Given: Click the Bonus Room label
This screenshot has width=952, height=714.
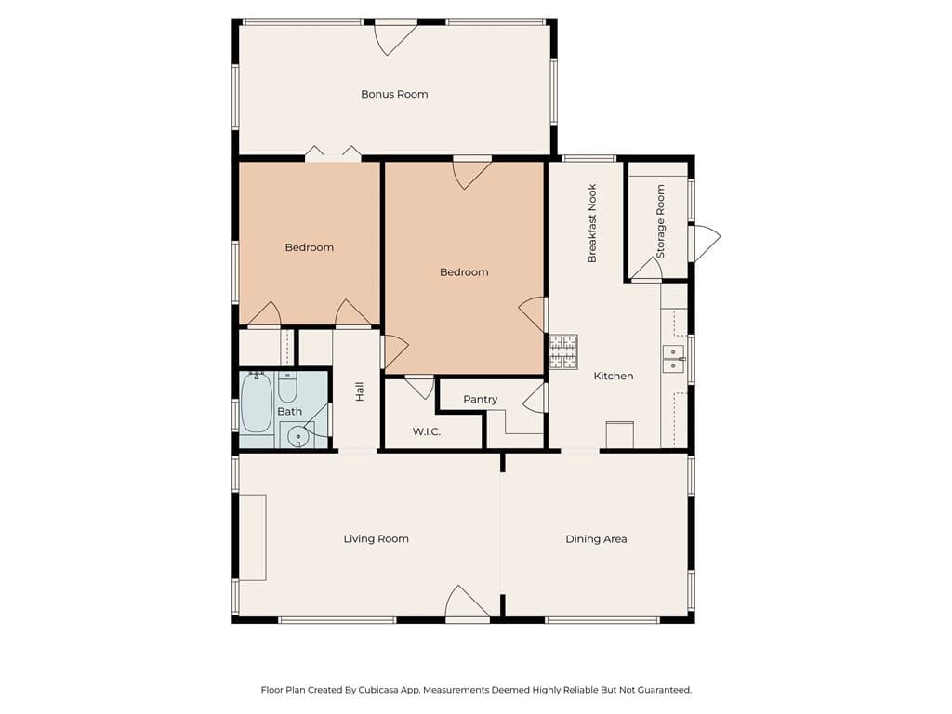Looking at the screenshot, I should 394,94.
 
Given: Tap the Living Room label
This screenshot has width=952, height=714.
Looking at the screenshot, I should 376,538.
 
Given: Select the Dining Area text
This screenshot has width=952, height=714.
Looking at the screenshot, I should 596,538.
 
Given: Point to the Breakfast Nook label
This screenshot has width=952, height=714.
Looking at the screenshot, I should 591,223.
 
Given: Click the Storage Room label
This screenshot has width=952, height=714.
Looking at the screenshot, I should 661,221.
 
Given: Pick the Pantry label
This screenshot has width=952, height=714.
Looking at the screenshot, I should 481,399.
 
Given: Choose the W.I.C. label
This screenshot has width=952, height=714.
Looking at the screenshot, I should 426,432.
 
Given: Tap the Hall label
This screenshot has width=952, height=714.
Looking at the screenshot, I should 359,392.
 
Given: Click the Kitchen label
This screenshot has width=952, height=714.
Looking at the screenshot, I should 614,376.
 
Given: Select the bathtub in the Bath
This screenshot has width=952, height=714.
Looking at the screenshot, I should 257,403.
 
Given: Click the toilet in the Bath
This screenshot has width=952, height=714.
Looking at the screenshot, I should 288,386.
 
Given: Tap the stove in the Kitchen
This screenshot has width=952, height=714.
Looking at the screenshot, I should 562,351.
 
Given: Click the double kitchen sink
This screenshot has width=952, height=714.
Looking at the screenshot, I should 673,358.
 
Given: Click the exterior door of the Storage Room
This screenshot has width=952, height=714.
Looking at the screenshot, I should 705,243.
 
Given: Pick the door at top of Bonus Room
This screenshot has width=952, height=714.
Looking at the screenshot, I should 395,35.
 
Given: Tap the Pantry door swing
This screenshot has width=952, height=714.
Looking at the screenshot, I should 535,400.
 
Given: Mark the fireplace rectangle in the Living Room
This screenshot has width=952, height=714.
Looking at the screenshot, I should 253,537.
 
